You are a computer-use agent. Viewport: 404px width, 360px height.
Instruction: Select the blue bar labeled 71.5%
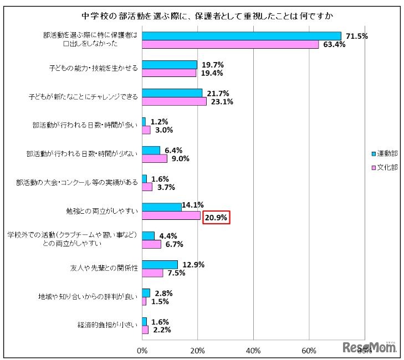click(x=242, y=36)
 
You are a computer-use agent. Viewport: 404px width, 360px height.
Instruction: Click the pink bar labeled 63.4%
click(x=230, y=44)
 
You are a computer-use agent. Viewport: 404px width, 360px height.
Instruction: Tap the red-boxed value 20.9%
click(x=216, y=218)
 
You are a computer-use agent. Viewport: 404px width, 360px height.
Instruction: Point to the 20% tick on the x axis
click(x=197, y=350)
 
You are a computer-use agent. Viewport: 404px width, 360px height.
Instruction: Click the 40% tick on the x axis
click(x=253, y=350)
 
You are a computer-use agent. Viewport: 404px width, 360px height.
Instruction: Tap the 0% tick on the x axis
click(x=142, y=350)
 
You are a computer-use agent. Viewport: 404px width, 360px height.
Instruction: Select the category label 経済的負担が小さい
click(x=108, y=325)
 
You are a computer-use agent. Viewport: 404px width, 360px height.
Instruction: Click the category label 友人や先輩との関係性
click(x=100, y=268)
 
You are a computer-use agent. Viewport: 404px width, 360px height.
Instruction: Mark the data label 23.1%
click(x=220, y=101)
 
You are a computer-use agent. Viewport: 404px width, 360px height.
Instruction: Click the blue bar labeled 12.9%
click(x=160, y=264)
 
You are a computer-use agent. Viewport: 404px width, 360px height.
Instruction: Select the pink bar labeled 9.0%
click(x=155, y=158)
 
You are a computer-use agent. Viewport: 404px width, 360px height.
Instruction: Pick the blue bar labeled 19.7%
click(x=170, y=65)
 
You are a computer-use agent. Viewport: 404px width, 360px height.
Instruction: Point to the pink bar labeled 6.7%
click(x=151, y=244)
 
